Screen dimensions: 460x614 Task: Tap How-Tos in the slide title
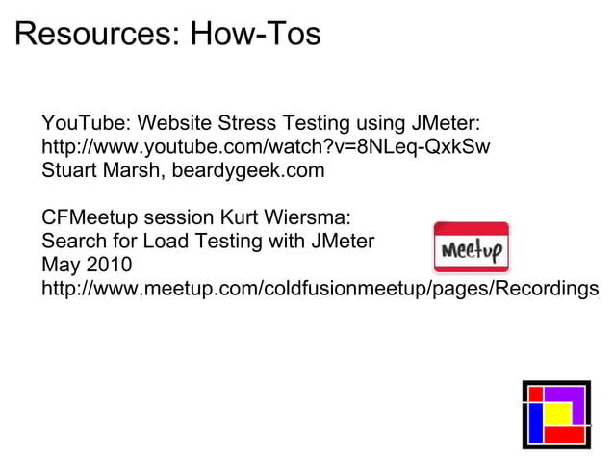(x=255, y=35)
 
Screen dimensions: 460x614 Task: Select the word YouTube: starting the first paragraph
(x=85, y=125)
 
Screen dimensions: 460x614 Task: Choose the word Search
(x=72, y=241)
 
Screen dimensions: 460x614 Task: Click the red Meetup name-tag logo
(x=471, y=248)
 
